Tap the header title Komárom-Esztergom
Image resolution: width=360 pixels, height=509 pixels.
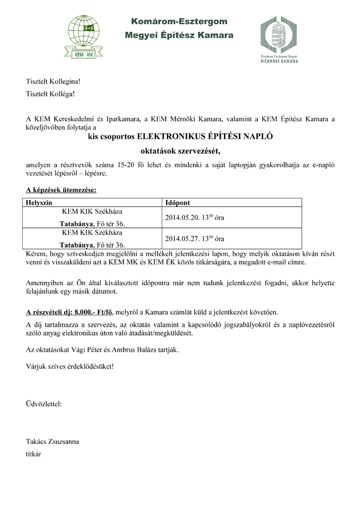179,22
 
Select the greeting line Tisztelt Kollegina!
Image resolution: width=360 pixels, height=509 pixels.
53,82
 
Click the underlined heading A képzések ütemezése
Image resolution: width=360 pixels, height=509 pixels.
61,189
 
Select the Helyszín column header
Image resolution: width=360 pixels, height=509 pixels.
38,202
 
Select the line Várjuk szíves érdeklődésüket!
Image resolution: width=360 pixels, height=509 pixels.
69,366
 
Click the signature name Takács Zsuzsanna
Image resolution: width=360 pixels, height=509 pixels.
53,441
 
